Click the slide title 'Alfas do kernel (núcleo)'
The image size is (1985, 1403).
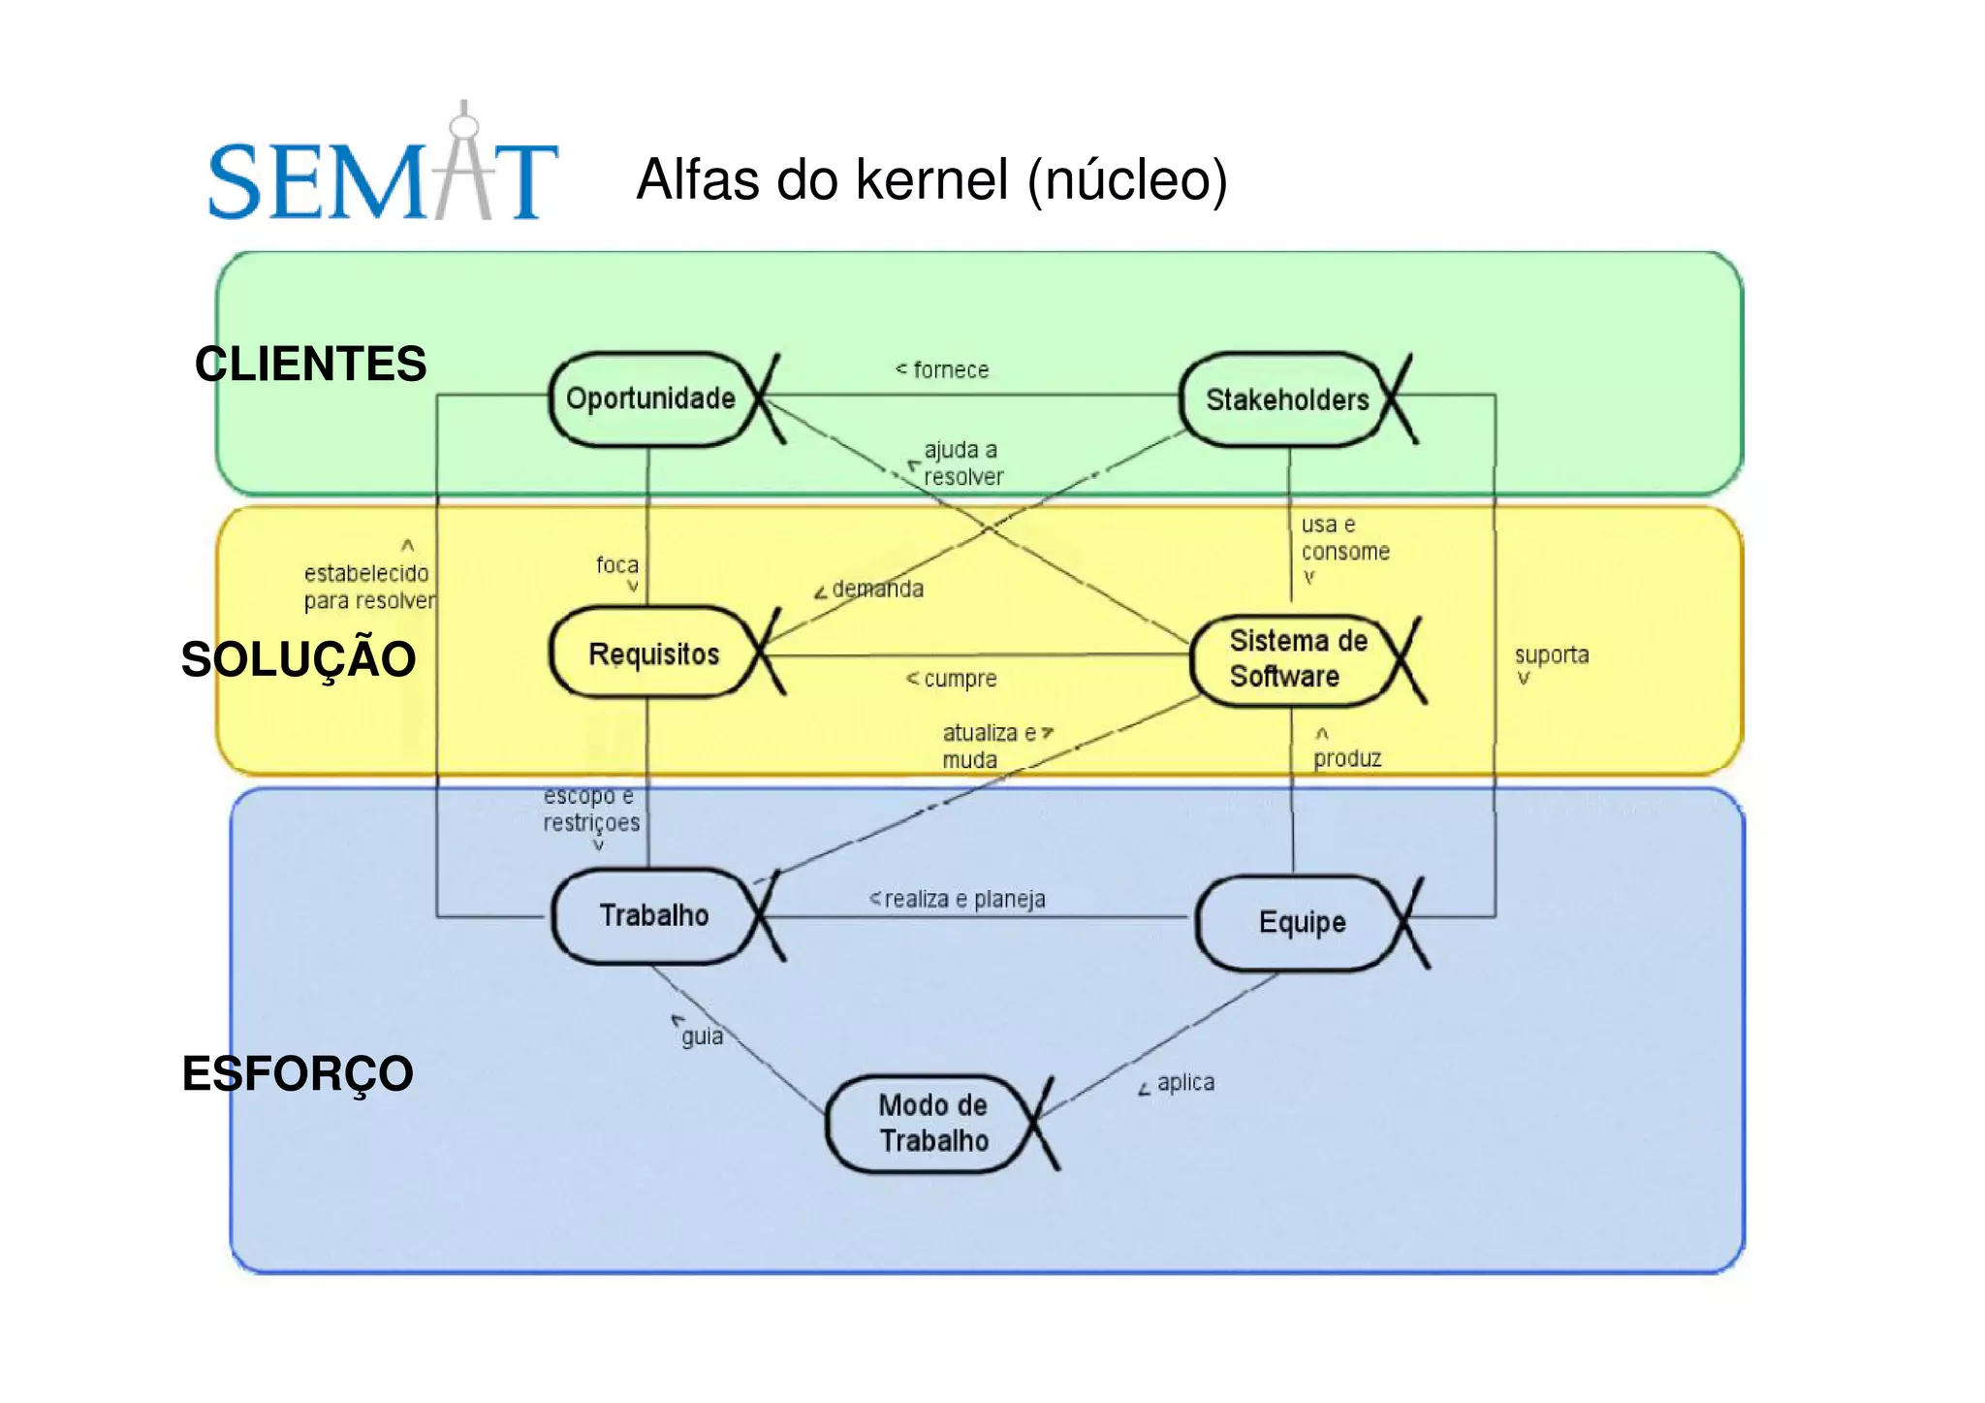coord(931,179)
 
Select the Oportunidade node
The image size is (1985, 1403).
coord(651,399)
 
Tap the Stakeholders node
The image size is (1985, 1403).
coord(1285,399)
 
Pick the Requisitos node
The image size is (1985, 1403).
coord(653,654)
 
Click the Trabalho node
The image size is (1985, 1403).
coord(653,915)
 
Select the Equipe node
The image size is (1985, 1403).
coord(1301,922)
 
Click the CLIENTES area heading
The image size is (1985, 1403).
coord(310,365)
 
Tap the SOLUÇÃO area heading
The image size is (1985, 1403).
coord(299,659)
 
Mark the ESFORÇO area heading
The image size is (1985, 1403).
coord(298,1073)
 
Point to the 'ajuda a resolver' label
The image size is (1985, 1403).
coord(961,463)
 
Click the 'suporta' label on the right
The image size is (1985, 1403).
coord(1551,655)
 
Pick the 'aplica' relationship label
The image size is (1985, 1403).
coord(1183,1082)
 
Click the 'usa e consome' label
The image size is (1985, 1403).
coord(1343,538)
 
